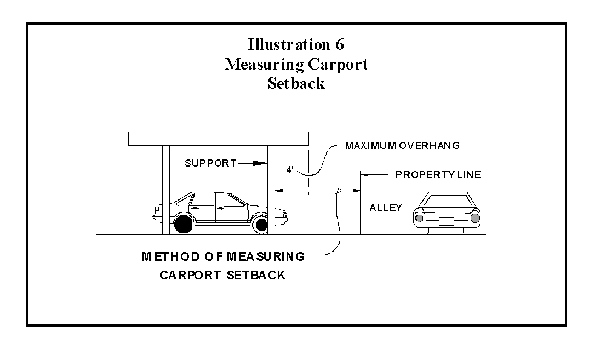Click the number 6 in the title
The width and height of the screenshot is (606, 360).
[x=339, y=44]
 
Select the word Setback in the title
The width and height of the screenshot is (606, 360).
[x=296, y=84]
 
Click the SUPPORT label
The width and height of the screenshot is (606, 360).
[x=210, y=163]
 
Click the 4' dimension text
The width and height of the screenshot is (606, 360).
[x=290, y=170]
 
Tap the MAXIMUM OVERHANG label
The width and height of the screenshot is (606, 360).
[x=402, y=146]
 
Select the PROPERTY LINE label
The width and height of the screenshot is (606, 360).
[x=438, y=175]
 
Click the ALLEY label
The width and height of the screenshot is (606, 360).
[x=386, y=208]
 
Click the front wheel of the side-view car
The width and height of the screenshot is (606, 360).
[x=261, y=224]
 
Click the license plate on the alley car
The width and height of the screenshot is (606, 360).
[x=447, y=221]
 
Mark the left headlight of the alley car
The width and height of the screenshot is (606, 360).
[x=420, y=218]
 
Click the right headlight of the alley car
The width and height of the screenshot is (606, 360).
[x=474, y=218]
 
